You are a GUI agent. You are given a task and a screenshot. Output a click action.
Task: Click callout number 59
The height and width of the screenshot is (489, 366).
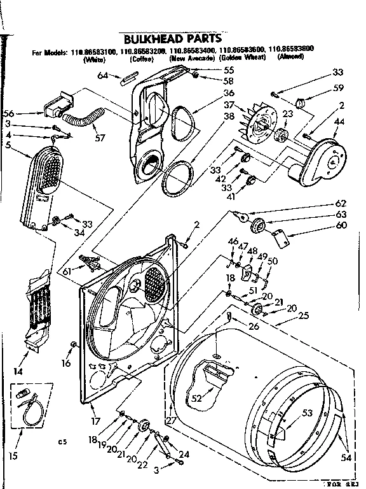pos(339,88)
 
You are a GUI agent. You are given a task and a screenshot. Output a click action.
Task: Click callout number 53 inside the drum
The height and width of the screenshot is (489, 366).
pos(308,413)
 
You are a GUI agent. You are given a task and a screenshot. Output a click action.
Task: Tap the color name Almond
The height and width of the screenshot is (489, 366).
pos(291,57)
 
